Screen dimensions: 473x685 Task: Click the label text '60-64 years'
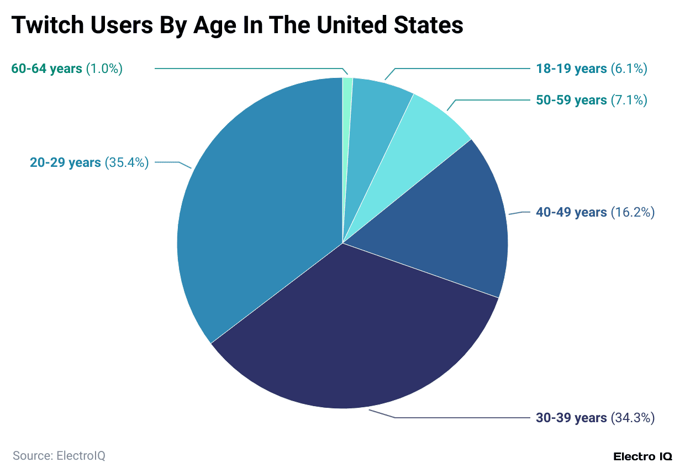point(46,69)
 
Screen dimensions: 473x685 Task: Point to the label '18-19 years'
point(571,69)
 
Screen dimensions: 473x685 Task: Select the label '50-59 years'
point(571,100)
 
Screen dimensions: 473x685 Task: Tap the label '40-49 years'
point(571,212)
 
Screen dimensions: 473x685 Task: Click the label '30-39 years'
point(571,418)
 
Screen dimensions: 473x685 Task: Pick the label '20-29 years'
point(65,162)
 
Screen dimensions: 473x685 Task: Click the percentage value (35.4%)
point(127,162)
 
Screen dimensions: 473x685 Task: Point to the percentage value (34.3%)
point(633,418)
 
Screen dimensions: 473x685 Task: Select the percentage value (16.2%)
point(633,212)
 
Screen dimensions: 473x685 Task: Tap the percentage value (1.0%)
point(104,69)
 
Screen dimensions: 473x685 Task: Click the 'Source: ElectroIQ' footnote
point(59,456)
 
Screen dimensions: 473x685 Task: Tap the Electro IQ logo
point(643,456)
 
